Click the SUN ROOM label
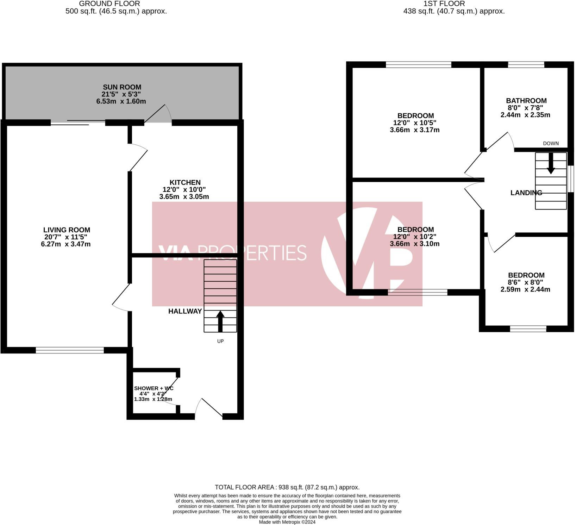point(122,87)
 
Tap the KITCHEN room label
point(185,182)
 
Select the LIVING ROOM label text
point(67,230)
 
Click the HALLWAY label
point(185,311)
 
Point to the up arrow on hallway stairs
point(220,321)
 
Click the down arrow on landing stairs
point(551,163)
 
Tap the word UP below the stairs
point(220,341)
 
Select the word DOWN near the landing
point(551,143)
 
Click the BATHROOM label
point(526,101)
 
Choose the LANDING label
point(526,193)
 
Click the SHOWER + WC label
point(154,388)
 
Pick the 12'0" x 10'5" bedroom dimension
point(415,123)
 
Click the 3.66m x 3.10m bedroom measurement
point(415,244)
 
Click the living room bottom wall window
point(70,350)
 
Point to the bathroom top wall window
point(526,65)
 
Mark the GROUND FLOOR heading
point(109,4)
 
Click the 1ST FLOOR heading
point(444,4)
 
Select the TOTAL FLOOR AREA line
point(287,487)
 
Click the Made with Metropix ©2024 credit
point(287,522)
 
